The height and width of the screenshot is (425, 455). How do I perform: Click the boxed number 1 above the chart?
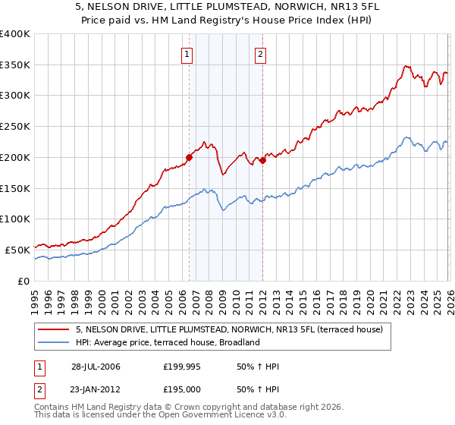[187, 54]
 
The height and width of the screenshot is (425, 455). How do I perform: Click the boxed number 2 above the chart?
[260, 54]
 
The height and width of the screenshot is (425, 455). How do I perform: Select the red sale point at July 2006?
[189, 157]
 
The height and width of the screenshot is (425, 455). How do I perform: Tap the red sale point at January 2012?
[262, 160]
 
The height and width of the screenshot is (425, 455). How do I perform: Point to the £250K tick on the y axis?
[15, 126]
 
